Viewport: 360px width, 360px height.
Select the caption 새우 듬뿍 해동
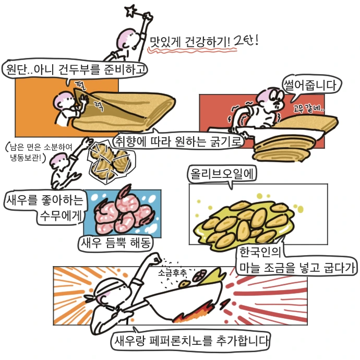(116, 242)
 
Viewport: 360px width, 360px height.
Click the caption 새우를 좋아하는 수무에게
(46, 208)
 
